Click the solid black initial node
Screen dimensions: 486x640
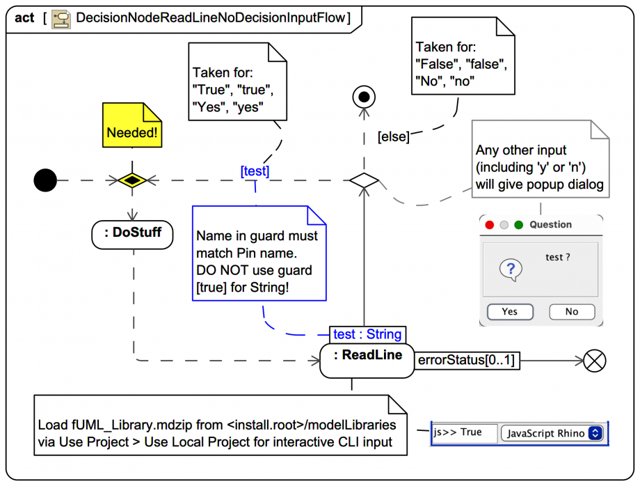click(x=45, y=181)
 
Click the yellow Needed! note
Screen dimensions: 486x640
click(x=132, y=125)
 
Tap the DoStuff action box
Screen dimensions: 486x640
click(x=132, y=234)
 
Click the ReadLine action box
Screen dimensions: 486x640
click(x=367, y=360)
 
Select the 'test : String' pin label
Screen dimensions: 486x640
click(x=367, y=334)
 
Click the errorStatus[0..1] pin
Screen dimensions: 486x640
click(x=467, y=361)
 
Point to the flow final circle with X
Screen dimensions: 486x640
click(x=595, y=361)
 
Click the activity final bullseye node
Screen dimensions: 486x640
click(x=363, y=97)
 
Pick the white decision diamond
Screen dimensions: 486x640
click(x=364, y=181)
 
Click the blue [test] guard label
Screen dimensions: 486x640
click(x=255, y=171)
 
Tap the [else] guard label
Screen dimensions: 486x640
click(x=393, y=137)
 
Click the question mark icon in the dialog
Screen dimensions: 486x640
click(x=511, y=269)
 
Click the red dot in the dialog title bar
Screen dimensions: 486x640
click(x=490, y=225)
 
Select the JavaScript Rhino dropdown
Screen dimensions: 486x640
click(x=552, y=433)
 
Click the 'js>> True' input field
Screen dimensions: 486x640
click(x=465, y=433)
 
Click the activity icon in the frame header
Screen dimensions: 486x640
click(x=62, y=18)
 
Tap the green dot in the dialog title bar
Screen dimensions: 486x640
click(x=518, y=225)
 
